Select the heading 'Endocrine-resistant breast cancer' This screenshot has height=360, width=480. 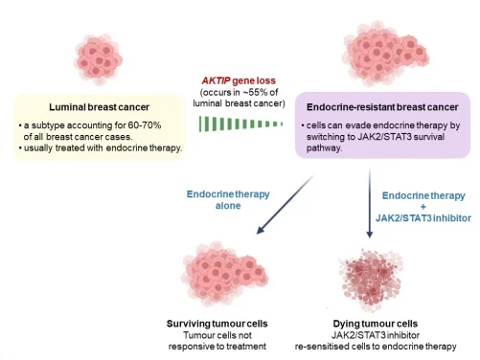pyautogui.click(x=380, y=108)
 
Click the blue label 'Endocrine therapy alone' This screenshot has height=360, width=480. pyautogui.click(x=227, y=200)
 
